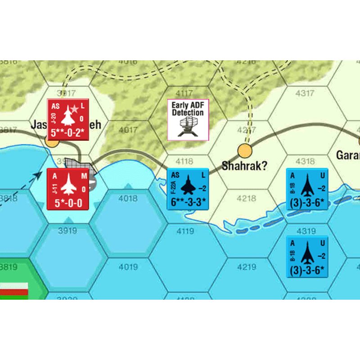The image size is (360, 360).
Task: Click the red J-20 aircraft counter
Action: coord(68,118)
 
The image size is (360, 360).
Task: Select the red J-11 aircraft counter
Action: coord(68,189)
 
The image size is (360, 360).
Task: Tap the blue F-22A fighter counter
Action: coord(188,189)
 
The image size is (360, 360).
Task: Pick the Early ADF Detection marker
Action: coord(188,119)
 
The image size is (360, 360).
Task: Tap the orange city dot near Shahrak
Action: coord(244,150)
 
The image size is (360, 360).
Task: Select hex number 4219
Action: coord(246,267)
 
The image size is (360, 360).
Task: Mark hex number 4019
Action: coord(128,267)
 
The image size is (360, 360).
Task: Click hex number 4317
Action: coord(305,94)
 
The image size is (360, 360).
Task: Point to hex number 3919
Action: coord(68,231)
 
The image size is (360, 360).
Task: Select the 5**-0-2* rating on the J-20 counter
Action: coord(68,133)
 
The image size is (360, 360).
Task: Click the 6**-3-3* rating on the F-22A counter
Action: coord(188,202)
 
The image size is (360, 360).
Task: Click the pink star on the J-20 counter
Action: coord(75,109)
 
